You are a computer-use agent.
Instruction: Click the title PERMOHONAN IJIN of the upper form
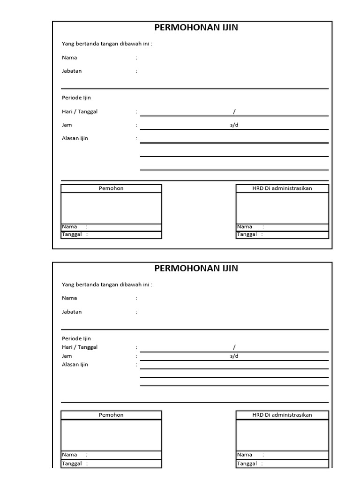coord(196,28)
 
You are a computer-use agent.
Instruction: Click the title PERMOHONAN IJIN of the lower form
coord(196,268)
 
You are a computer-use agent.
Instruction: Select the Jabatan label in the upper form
coord(72,71)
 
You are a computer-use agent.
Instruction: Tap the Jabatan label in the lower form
coord(72,312)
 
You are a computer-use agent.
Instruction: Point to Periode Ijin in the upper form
coord(76,98)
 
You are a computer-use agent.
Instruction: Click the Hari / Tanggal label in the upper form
coord(80,112)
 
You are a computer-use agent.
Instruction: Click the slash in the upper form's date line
coord(234,112)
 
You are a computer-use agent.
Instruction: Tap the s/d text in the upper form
coord(234,125)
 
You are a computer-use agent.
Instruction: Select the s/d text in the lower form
coord(234,356)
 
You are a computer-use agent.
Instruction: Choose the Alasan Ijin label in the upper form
coord(75,138)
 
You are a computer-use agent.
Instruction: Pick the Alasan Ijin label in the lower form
coord(75,364)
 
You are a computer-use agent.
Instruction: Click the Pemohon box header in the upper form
coord(111,188)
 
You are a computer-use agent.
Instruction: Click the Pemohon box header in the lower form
coord(111,415)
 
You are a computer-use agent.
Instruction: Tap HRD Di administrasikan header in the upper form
coord(282,188)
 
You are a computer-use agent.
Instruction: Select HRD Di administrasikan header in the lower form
coord(282,415)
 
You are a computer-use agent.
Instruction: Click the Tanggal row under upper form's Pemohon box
coord(111,235)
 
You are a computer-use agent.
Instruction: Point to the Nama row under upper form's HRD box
coord(282,227)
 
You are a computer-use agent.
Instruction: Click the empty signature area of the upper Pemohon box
coord(111,208)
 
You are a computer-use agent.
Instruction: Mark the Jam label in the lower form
coord(67,356)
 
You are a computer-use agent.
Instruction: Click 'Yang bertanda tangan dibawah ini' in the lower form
coord(107,285)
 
